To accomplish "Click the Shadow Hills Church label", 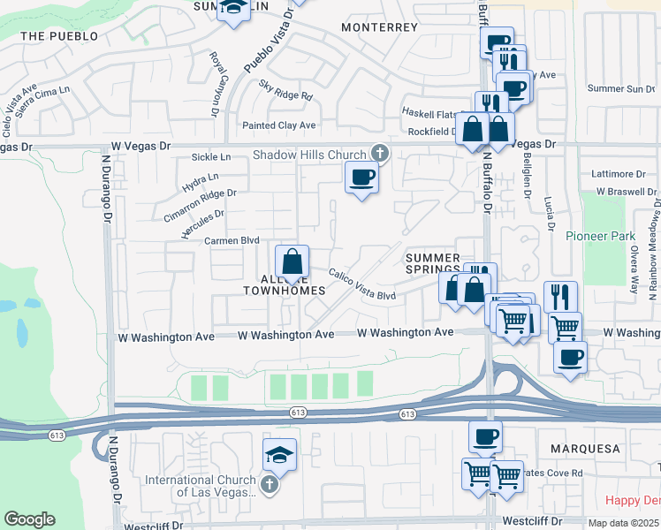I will [308, 154].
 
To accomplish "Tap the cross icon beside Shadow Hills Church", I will [380, 154].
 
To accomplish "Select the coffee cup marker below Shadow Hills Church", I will [361, 178].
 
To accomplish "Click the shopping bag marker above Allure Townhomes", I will [292, 262].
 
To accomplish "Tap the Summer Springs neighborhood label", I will [433, 263].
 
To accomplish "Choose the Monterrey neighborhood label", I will [379, 27].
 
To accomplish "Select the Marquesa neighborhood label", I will [585, 449].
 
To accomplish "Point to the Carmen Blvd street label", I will [232, 239].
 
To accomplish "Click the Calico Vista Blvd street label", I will [362, 284].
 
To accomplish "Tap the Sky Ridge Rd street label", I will [286, 90].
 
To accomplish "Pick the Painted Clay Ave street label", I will [278, 125].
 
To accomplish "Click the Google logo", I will [29, 519].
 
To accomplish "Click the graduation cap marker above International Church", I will [280, 455].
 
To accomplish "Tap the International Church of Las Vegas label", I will [202, 487].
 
